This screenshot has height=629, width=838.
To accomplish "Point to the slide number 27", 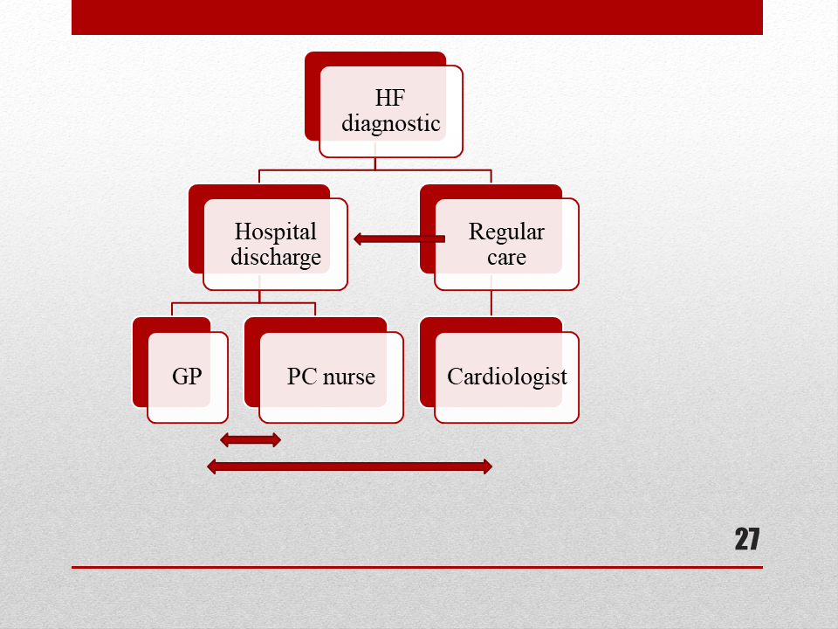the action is [746, 539].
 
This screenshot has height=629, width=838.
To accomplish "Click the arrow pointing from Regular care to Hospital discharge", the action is [399, 239].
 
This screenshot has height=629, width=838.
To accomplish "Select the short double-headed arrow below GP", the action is [251, 440].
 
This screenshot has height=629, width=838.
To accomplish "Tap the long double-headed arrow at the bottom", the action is [349, 467].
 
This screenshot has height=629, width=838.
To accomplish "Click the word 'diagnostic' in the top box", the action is [391, 124].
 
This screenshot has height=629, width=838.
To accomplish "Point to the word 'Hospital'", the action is [276, 232].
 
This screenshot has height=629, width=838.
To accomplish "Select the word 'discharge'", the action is [276, 257].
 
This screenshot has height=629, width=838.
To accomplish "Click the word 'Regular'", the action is [506, 232].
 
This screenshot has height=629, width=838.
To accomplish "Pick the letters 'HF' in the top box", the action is [390, 98].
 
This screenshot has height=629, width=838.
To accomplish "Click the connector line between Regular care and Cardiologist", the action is [491, 304].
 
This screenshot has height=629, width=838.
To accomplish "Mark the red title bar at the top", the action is [417, 17].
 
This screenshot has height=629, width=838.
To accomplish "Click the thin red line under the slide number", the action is [417, 567].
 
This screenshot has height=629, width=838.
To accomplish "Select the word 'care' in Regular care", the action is [506, 258].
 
